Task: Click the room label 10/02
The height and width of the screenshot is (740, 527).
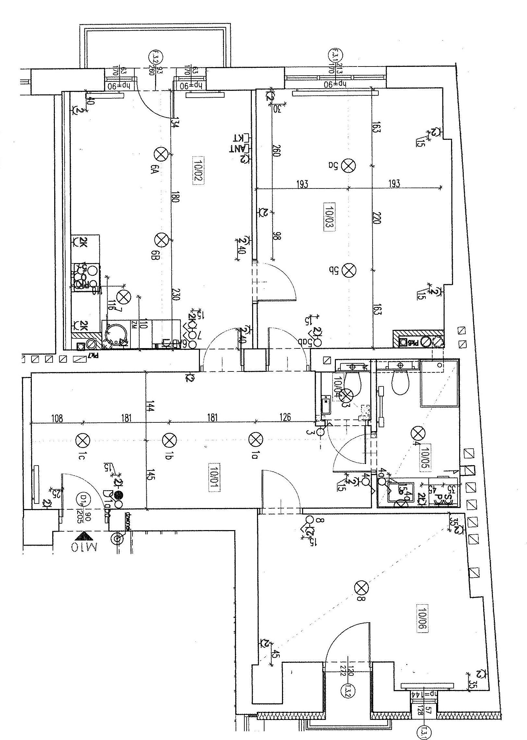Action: (198, 175)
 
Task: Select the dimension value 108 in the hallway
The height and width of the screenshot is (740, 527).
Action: (57, 418)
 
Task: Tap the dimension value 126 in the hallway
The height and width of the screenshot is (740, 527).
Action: (285, 417)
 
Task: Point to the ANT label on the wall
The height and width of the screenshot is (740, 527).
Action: (238, 149)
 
